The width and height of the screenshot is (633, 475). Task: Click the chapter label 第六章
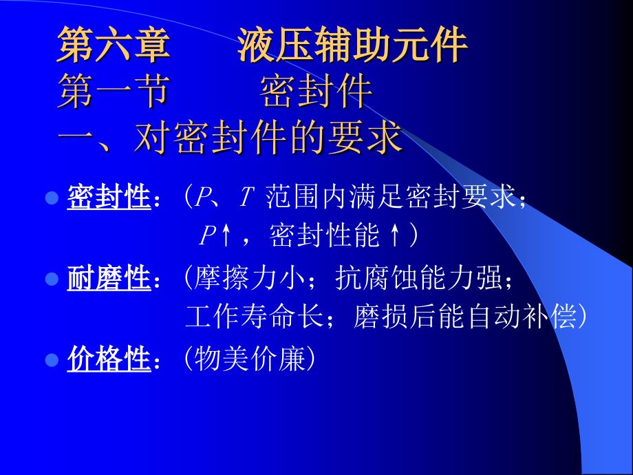[114, 45]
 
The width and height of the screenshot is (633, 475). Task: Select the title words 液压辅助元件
[352, 45]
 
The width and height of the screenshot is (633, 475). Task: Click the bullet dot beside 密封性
[52, 198]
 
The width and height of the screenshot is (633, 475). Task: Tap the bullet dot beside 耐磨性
[52, 279]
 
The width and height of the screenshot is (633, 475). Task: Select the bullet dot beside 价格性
[52, 359]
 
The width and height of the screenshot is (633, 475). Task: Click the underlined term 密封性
[109, 198]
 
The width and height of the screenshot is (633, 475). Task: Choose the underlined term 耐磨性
[109, 278]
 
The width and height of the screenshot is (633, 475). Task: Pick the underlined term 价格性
[109, 359]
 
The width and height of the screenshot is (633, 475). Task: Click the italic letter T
[246, 198]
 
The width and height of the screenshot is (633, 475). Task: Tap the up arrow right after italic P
[226, 235]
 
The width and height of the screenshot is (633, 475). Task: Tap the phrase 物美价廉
[249, 359]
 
